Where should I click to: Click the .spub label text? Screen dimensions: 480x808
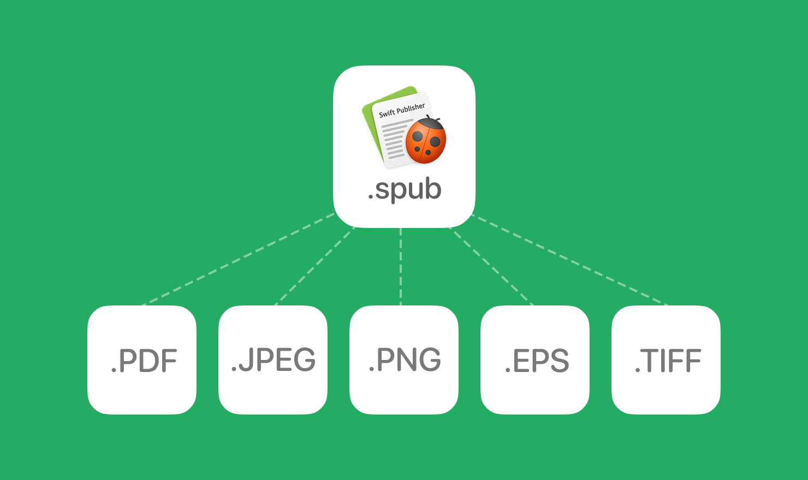point(405,190)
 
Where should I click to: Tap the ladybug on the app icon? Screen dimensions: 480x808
point(426,141)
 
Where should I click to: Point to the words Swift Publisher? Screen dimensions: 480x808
point(402,110)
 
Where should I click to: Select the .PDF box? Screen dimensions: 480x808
point(142,360)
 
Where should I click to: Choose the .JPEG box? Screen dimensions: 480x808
point(273,360)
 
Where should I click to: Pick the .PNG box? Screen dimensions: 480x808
point(404,360)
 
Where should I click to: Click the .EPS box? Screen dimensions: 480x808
point(535,360)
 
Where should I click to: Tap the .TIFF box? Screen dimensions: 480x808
point(666,360)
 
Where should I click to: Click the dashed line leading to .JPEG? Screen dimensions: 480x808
point(314,266)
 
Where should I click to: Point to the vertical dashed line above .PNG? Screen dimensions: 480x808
point(401,267)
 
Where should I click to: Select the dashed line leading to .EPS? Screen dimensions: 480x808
point(491,266)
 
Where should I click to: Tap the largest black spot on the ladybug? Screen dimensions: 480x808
point(435,142)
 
